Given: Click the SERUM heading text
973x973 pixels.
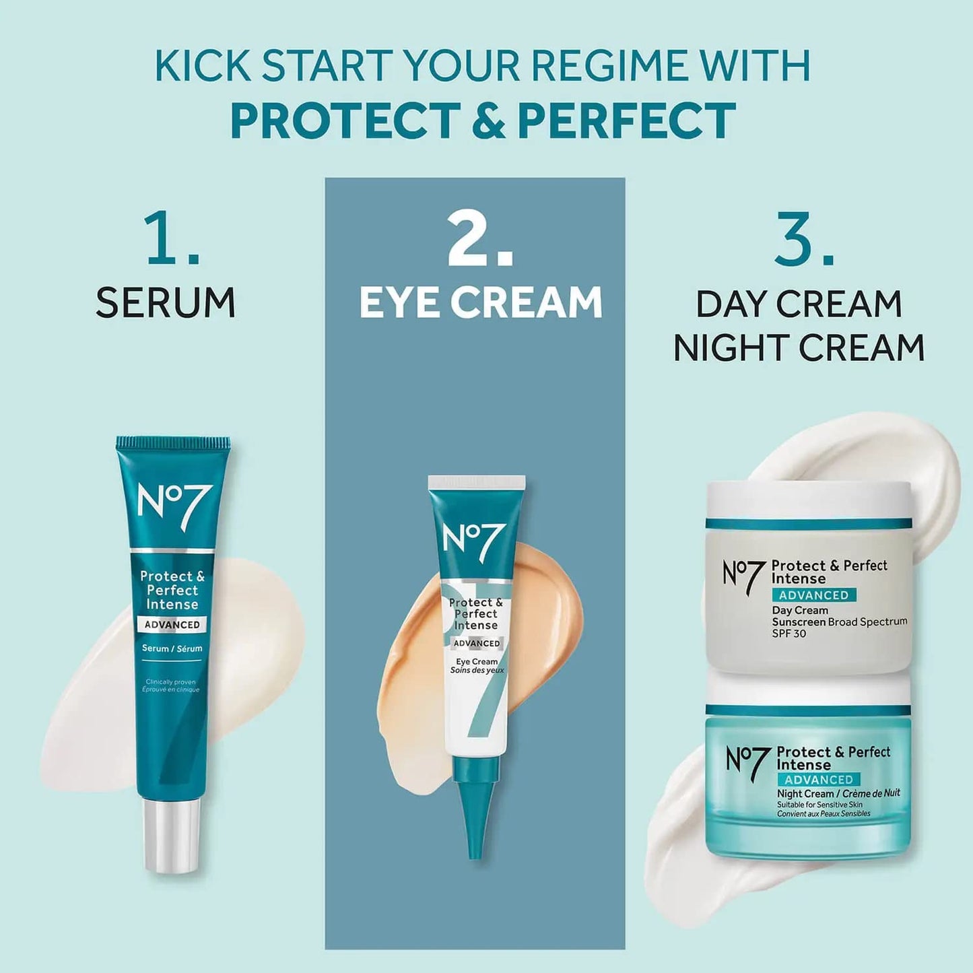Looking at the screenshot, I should click(166, 302).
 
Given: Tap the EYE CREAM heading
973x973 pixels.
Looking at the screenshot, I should click(480, 302).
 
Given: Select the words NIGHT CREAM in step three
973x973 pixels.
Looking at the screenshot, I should click(799, 347).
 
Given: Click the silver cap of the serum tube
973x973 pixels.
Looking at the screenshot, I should click(172, 835).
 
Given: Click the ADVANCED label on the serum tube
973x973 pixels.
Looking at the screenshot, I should click(172, 625).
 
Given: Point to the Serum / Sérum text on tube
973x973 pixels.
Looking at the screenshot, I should click(172, 648).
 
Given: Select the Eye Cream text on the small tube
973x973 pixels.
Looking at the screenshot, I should click(477, 661).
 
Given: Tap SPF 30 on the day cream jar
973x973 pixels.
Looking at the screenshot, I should click(789, 634).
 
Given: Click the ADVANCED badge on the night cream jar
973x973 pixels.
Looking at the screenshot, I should click(819, 780).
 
